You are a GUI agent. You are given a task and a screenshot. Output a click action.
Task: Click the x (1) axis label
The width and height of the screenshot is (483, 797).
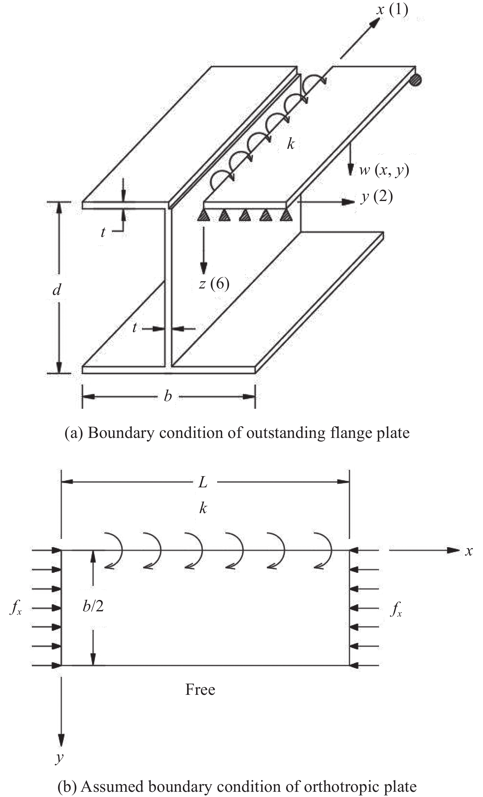click(392, 10)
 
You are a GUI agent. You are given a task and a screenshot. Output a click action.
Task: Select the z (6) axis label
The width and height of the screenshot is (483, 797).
click(214, 284)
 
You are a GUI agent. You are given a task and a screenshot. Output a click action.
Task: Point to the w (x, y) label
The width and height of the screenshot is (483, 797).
click(384, 170)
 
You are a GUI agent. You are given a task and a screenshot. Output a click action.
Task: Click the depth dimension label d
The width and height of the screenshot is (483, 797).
click(57, 290)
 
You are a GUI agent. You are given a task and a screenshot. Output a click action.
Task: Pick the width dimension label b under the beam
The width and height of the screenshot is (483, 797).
click(168, 396)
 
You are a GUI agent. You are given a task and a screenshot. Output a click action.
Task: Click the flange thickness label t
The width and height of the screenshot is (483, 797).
click(103, 232)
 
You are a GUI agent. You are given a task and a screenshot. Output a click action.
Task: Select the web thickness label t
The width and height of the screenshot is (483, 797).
click(135, 328)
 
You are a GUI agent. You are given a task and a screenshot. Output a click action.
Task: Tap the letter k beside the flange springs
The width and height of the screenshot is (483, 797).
click(291, 144)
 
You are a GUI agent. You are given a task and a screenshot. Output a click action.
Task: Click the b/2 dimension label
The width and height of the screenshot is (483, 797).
click(93, 606)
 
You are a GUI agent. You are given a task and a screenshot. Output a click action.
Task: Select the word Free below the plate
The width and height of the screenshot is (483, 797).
click(200, 690)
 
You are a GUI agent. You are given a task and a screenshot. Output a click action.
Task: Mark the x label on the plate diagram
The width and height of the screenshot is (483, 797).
click(469, 551)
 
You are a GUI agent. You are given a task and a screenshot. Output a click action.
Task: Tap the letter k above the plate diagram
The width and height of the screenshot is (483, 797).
click(203, 508)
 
